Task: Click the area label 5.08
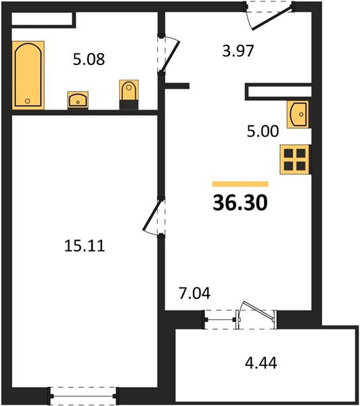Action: (x=89, y=59)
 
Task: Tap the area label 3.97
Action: (x=238, y=51)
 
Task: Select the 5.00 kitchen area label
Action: (x=263, y=131)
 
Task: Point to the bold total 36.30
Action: (x=240, y=203)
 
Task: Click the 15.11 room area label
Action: (x=85, y=246)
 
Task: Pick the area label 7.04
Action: (x=195, y=294)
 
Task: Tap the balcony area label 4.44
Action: (x=261, y=363)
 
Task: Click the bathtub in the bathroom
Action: (x=28, y=75)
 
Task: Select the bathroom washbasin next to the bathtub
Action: (x=78, y=99)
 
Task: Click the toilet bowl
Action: (x=129, y=90)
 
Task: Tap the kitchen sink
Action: (x=298, y=114)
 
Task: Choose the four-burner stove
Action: (x=294, y=160)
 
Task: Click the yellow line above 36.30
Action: (x=240, y=184)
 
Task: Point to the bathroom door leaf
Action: (x=170, y=56)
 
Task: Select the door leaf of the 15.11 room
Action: (x=152, y=215)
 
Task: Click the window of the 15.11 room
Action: (x=83, y=396)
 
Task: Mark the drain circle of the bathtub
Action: (x=28, y=101)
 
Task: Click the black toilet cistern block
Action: (x=129, y=105)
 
